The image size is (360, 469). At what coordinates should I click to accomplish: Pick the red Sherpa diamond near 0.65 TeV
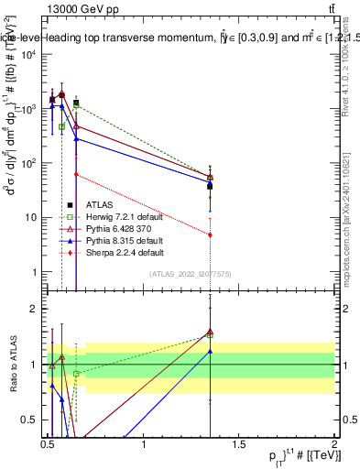point(76,174)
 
